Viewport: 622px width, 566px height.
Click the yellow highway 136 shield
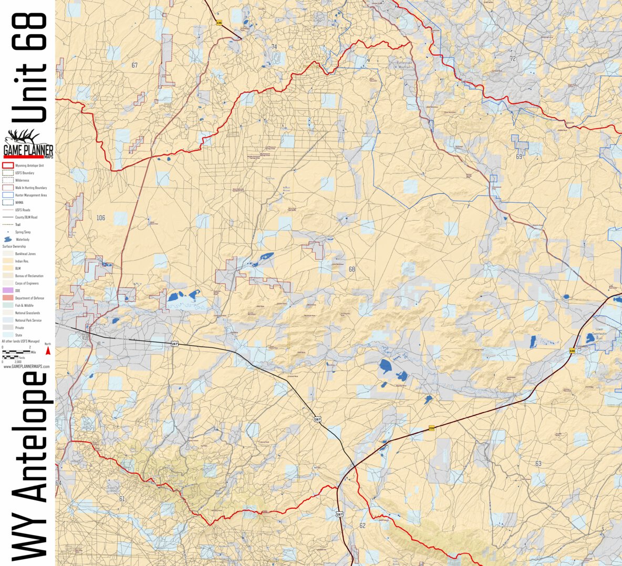click(x=219, y=23)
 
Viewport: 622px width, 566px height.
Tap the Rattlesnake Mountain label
click(x=405, y=64)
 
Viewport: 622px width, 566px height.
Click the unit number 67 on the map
click(x=134, y=65)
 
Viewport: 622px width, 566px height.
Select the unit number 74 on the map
click(x=274, y=47)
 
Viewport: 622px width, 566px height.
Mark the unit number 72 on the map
click(x=513, y=59)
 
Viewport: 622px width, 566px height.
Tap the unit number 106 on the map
click(x=101, y=218)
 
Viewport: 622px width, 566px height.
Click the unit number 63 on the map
click(x=538, y=464)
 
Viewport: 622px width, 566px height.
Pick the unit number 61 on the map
click(x=122, y=499)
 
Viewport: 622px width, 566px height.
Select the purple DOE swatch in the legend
click(x=8, y=291)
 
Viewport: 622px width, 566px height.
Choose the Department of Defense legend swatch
click(x=8, y=298)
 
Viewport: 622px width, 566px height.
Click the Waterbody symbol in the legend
click(x=7, y=239)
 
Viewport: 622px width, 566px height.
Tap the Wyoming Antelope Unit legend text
click(x=29, y=166)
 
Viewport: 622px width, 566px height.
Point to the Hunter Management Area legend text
click(x=30, y=195)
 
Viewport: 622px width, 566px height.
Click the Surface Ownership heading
click(x=14, y=246)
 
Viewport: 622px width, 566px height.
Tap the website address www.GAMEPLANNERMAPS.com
click(x=27, y=366)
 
